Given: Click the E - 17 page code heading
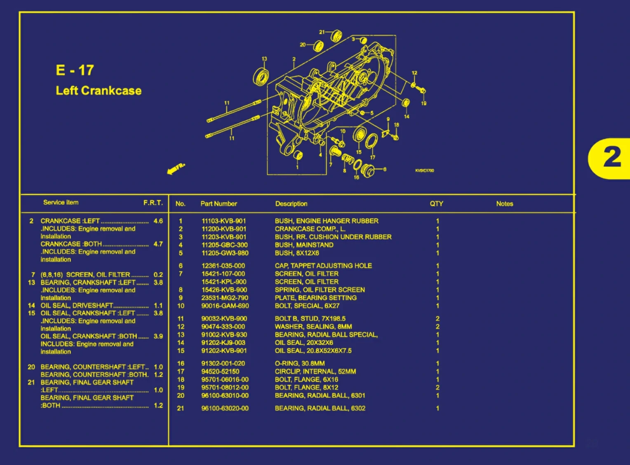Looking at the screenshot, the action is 75,70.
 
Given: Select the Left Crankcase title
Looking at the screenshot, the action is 99,91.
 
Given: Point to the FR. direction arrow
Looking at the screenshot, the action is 176,168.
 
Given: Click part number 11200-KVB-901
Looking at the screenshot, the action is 224,229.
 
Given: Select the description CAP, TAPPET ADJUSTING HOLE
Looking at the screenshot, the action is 323,266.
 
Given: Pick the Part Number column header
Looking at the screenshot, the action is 219,204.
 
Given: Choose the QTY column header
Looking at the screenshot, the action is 436,204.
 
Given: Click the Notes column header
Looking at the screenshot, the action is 505,204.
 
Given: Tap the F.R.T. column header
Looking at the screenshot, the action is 153,203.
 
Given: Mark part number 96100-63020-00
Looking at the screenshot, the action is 225,408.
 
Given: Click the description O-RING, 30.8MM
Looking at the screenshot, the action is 300,364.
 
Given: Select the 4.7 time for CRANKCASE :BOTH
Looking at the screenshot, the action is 158,244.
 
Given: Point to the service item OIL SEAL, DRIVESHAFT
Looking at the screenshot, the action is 77,305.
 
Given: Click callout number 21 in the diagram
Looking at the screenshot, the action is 322,32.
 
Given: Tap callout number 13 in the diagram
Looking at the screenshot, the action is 264,59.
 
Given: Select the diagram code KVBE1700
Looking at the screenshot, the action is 424,170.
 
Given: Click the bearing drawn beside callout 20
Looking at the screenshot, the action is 319,46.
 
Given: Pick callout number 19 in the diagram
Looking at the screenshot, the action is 423,103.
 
